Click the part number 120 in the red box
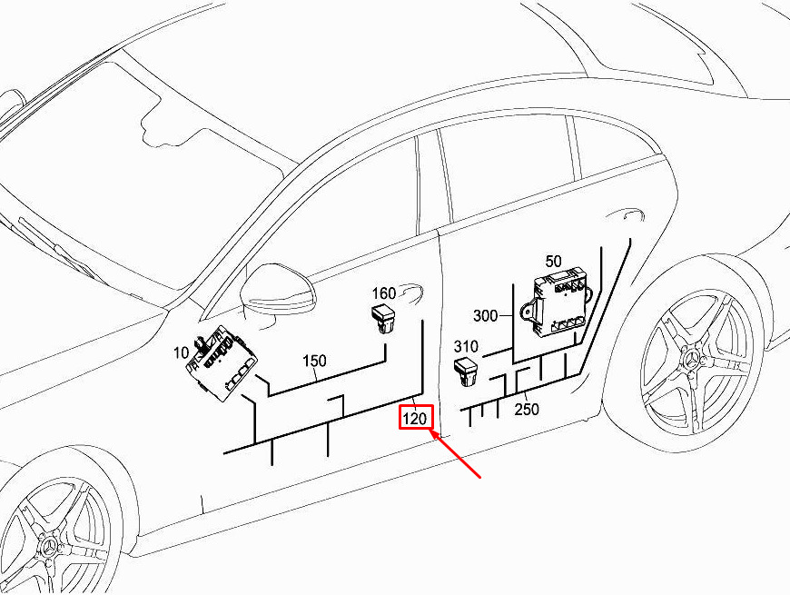click(415, 418)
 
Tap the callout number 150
click(314, 361)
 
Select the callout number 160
click(384, 293)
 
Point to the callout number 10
click(181, 353)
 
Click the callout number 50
click(553, 262)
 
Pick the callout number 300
click(485, 316)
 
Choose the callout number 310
click(466, 347)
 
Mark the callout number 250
click(527, 409)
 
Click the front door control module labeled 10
click(222, 362)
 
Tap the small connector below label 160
click(384, 319)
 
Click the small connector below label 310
click(467, 372)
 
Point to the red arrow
click(457, 453)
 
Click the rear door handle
click(633, 214)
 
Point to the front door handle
click(410, 293)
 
